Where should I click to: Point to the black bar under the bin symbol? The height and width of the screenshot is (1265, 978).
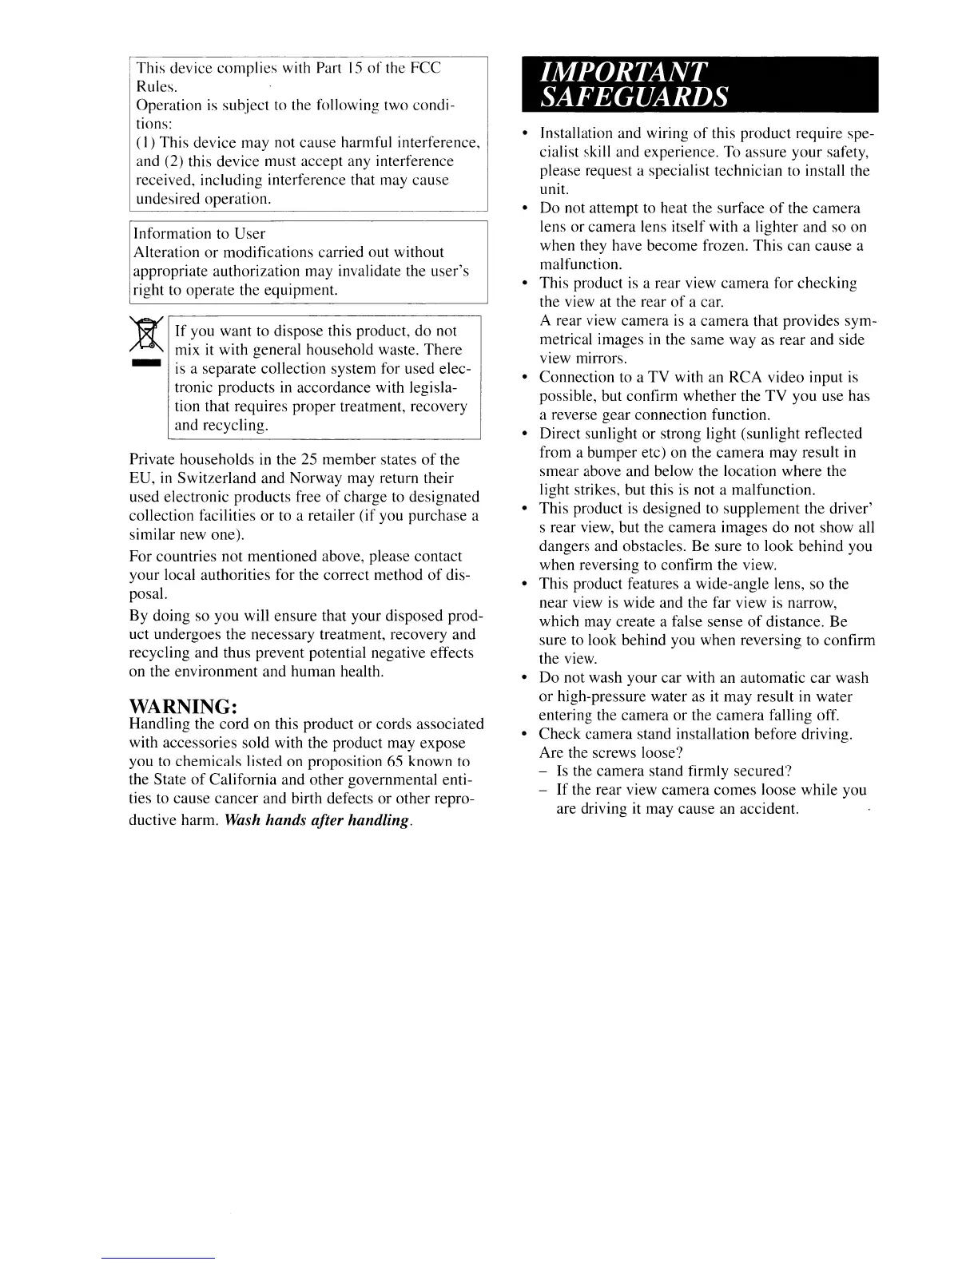tap(145, 363)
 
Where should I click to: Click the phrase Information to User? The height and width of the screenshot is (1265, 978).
tap(198, 233)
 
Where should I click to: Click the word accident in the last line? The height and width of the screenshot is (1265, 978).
tap(769, 808)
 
